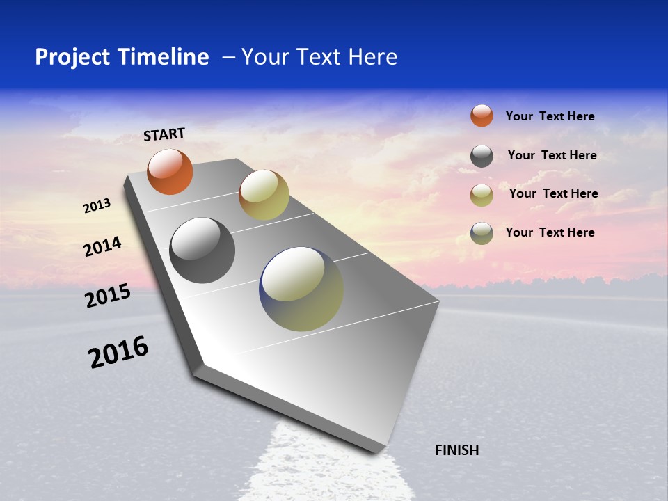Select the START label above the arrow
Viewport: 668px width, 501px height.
tap(164, 134)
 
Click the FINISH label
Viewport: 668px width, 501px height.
tap(457, 450)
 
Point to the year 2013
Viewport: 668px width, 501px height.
tap(97, 206)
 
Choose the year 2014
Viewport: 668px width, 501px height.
tap(102, 247)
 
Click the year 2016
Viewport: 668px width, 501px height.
tap(118, 352)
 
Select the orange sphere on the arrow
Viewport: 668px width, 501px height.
tap(170, 172)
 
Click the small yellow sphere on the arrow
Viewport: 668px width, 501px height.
tap(264, 195)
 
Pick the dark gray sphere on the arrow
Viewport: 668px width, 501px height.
tap(202, 250)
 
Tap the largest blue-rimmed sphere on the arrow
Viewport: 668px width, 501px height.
tap(301, 289)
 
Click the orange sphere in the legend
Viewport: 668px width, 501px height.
tap(482, 116)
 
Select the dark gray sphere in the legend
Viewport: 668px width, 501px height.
tap(482, 156)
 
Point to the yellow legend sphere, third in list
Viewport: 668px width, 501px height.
tap(482, 195)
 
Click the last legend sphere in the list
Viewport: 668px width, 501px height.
tap(482, 233)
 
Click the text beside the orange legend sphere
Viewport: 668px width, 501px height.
tap(550, 116)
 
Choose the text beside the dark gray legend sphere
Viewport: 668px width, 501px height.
tap(552, 155)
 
